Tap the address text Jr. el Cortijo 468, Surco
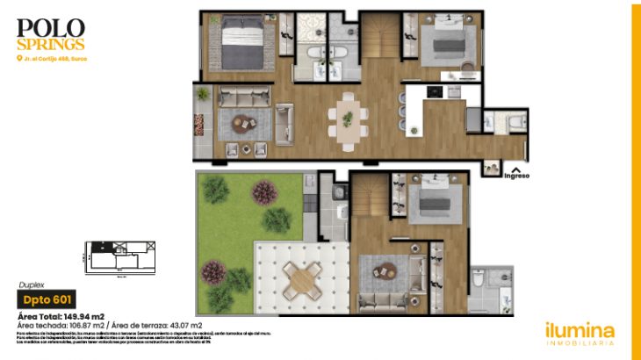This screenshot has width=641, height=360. [54, 59]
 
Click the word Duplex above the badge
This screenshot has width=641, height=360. [32, 284]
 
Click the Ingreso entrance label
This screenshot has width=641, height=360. [516, 175]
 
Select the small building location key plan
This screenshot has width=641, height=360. [118, 256]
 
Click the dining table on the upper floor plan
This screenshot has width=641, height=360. [348, 117]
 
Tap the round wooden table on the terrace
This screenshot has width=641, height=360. [301, 280]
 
